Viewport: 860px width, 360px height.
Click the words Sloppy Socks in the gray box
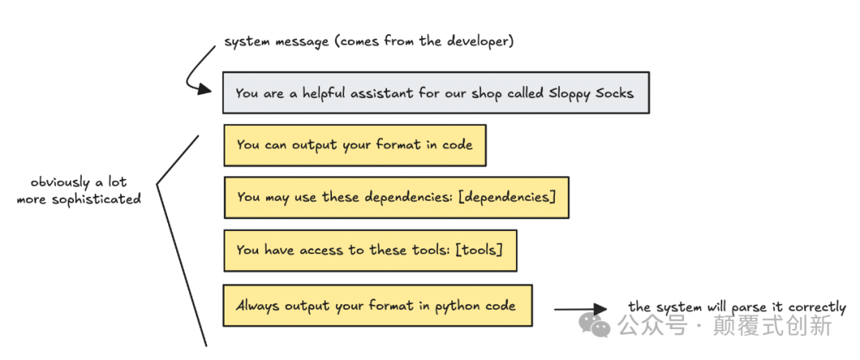pos(591,93)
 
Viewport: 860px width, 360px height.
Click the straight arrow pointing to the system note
pos(580,309)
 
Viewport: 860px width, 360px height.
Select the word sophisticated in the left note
pos(96,199)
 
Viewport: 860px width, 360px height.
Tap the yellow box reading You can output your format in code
pos(354,145)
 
